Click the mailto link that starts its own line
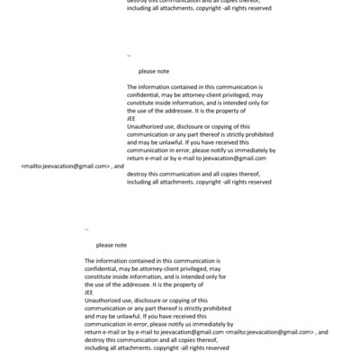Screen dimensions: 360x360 coord(66,166)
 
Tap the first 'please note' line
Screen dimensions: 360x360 coord(153,71)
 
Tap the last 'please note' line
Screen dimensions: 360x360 coord(112,246)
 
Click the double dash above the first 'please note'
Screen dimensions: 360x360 coord(130,56)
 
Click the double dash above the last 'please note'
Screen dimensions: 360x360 coord(86,230)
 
